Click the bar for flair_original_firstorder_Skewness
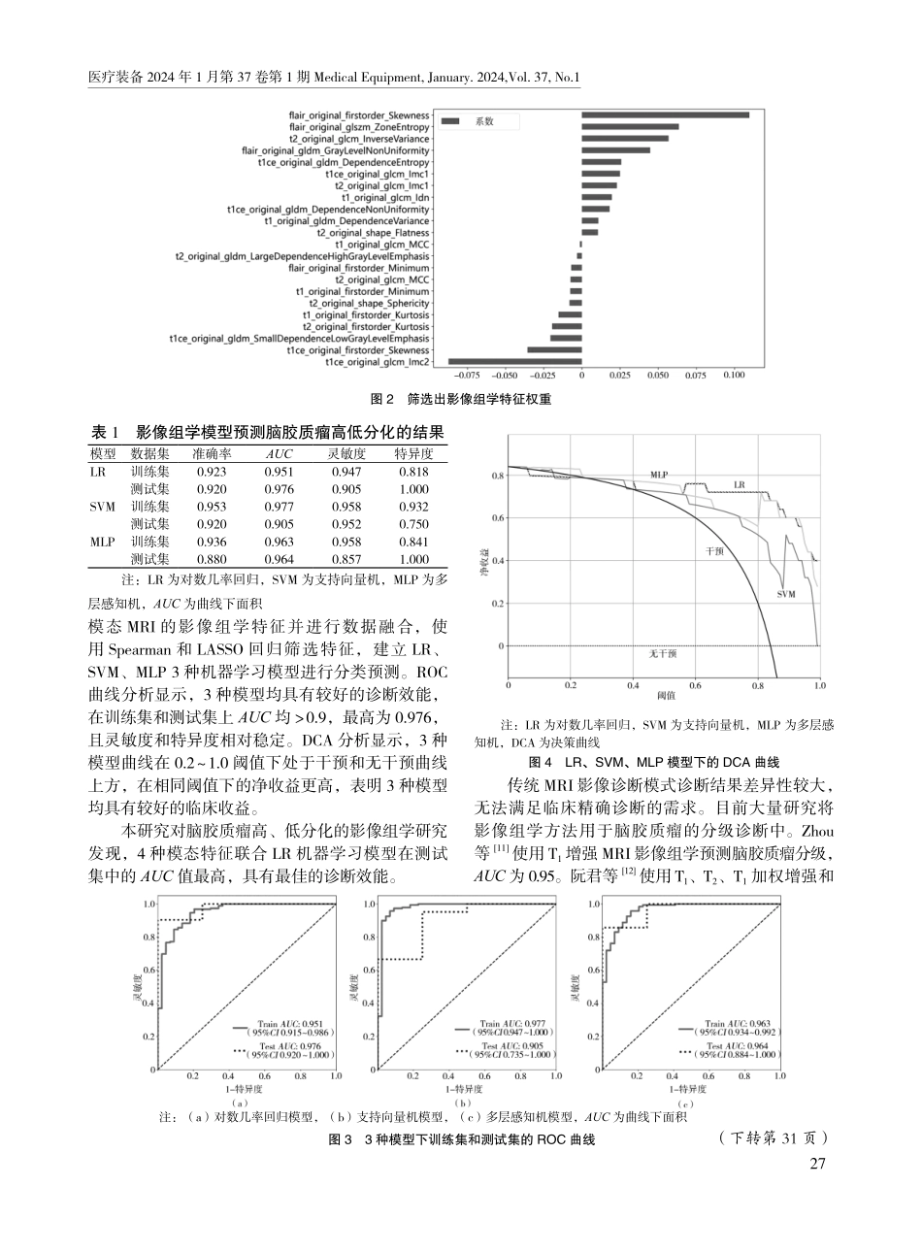click(x=665, y=115)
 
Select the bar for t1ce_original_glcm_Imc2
click(x=514, y=361)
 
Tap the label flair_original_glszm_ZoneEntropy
click(x=359, y=126)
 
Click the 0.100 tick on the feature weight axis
click(x=734, y=373)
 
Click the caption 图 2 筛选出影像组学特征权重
click(x=461, y=398)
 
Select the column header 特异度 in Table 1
click(x=413, y=453)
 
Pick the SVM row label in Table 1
click(x=102, y=507)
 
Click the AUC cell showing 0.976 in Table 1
click(x=279, y=489)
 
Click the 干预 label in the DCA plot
click(x=715, y=549)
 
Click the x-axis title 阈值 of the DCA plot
click(x=665, y=697)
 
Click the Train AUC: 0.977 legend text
click(x=503, y=1023)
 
